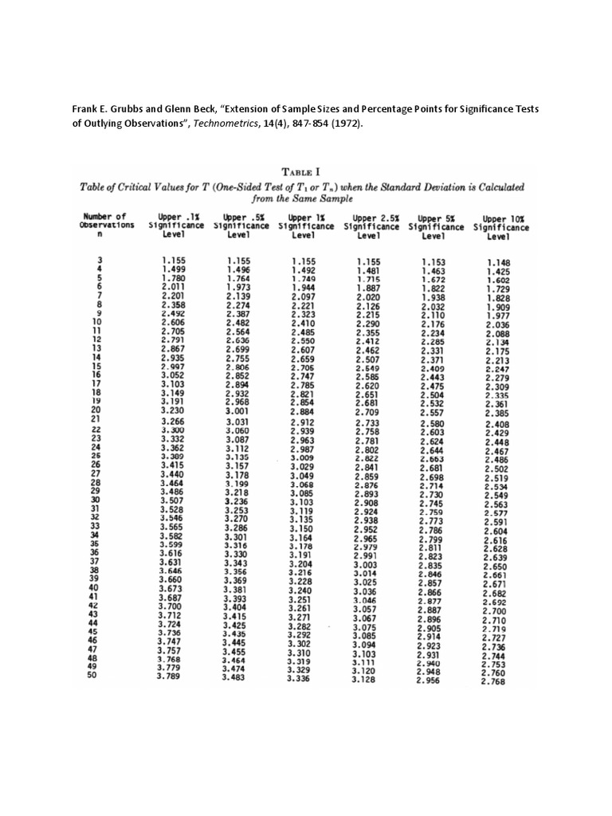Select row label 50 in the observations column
tap(92, 677)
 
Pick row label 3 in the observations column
tap(100, 260)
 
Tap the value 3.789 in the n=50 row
tap(169, 677)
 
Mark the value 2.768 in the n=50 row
tap(495, 681)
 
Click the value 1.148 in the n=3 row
tap(498, 262)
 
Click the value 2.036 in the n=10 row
tap(496, 325)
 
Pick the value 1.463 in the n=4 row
tap(433, 272)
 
